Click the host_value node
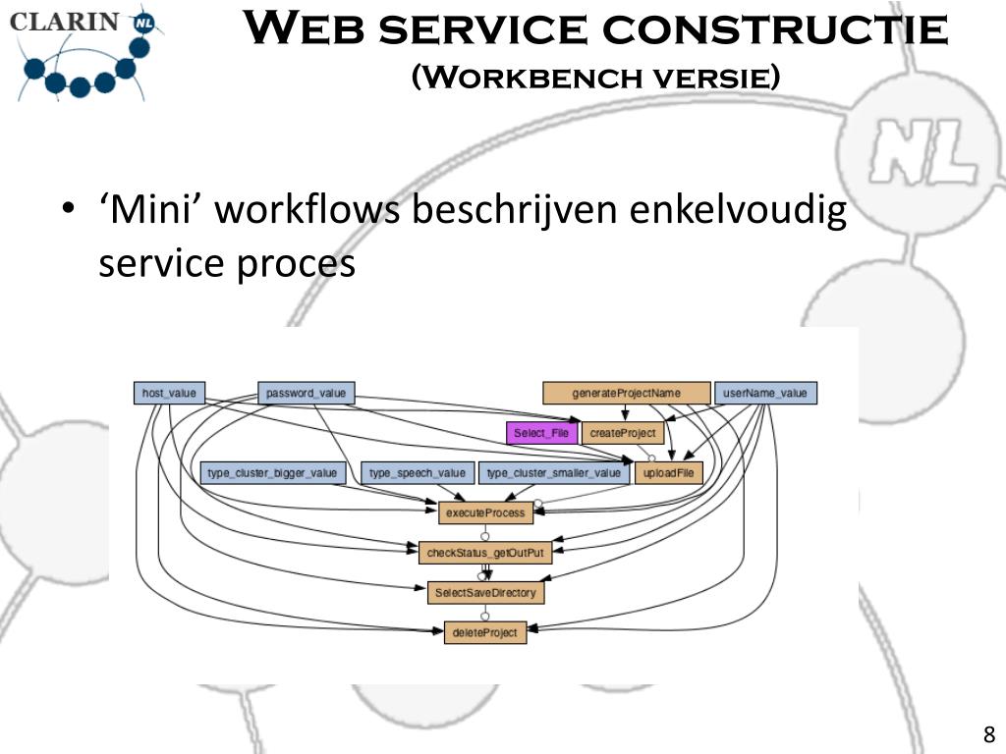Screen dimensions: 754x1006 169,394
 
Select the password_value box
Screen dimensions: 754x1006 306,394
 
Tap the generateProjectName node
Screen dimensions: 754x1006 626,394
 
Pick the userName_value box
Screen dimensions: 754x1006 764,394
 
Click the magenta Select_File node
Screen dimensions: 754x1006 541,433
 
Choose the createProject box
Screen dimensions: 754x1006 622,433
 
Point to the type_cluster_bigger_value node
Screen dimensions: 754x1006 272,473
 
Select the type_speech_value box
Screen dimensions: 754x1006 418,473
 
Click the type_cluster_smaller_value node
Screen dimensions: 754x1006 554,473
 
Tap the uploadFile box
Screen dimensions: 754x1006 669,473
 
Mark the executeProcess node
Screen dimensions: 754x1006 485,512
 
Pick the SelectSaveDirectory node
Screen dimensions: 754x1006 485,593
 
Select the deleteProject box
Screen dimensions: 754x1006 485,633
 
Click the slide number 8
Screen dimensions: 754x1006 988,734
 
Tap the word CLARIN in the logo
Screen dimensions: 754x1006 65,22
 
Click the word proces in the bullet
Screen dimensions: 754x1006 296,263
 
